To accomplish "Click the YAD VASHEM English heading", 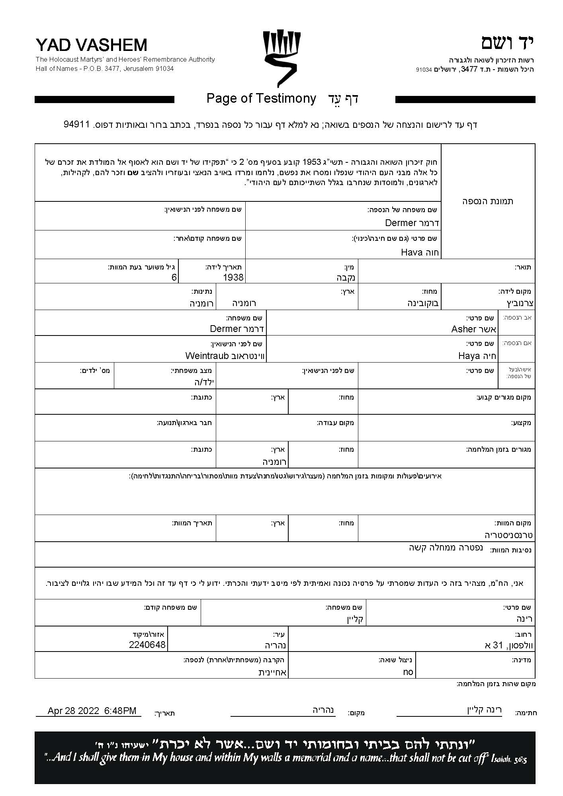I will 91,45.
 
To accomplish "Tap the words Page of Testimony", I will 261,98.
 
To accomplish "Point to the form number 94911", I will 76,124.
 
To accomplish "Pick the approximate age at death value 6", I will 174,277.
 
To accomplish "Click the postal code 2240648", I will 147,644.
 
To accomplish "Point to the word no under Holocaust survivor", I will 408,672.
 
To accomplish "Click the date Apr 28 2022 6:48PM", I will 92,710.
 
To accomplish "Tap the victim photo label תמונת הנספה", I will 488,201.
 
